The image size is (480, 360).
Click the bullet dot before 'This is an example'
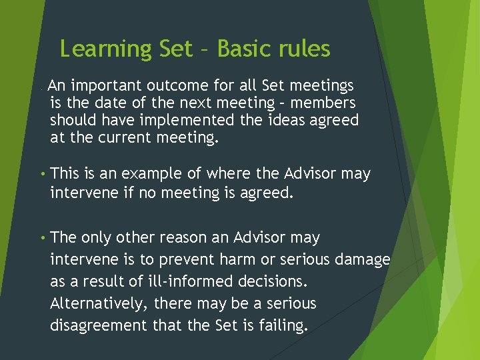tap(41, 175)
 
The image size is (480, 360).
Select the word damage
tap(365, 260)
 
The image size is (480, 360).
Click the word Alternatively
tap(99, 304)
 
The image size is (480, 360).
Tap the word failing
tap(282, 326)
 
